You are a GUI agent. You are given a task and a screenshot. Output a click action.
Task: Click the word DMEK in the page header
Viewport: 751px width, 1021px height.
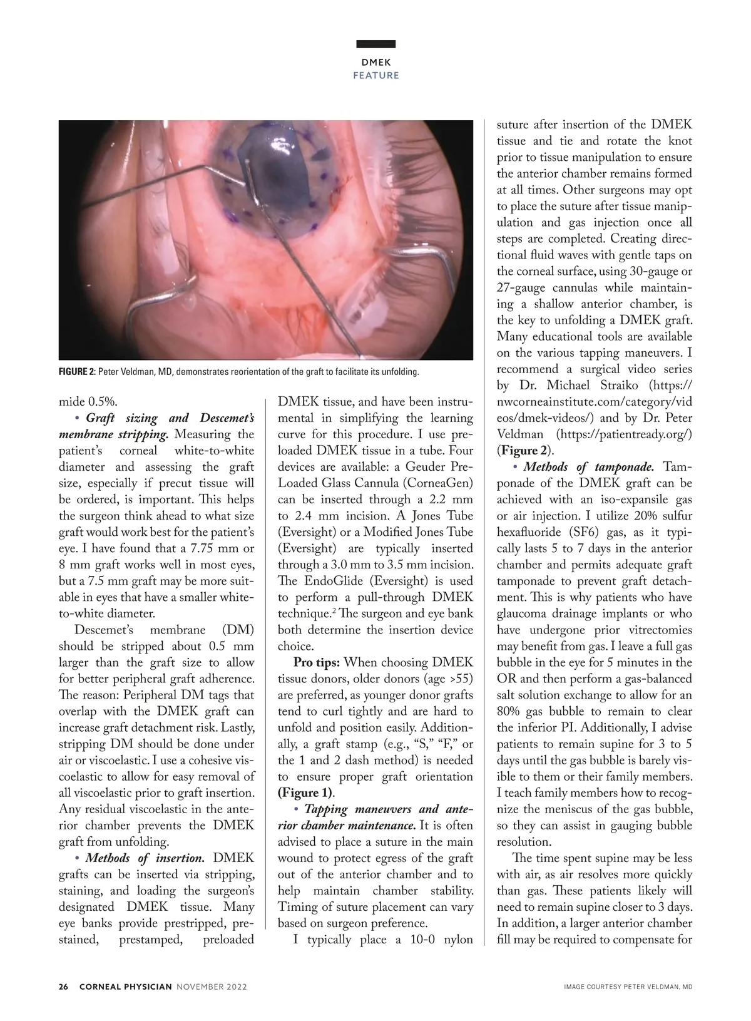[x=375, y=62]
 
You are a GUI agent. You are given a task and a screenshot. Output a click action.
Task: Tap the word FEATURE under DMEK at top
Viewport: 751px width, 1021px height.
[x=375, y=75]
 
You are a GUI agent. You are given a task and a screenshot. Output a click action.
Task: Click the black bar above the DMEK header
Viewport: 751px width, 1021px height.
[x=375, y=44]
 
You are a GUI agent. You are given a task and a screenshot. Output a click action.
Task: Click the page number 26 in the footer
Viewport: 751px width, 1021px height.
[x=63, y=987]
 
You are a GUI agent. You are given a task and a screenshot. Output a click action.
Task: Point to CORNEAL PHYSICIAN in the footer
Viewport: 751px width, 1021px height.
[x=125, y=987]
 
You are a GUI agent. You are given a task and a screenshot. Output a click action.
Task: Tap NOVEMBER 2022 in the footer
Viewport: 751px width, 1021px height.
[x=212, y=987]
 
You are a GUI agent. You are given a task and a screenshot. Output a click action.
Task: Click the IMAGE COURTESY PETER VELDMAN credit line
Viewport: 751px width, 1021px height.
[x=628, y=987]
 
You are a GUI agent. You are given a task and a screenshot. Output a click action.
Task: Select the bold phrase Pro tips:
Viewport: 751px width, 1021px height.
[x=317, y=662]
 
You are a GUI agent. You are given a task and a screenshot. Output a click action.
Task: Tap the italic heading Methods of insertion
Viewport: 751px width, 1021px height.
[x=145, y=858]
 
